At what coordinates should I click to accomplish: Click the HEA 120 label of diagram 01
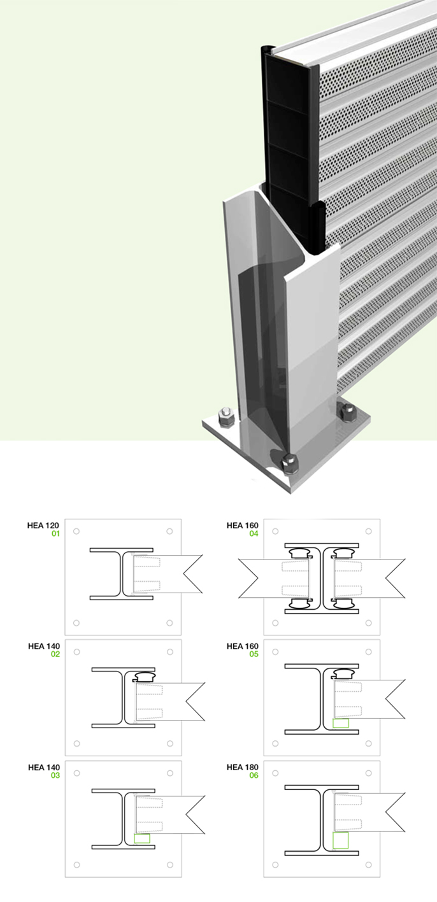coord(43,526)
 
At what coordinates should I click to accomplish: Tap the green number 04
coord(254,533)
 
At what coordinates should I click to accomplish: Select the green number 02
coord(55,654)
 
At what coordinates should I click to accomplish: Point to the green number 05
coord(254,654)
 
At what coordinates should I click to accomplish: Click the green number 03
coord(55,775)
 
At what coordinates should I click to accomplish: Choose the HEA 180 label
coord(242,767)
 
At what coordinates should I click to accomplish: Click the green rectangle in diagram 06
coord(341,840)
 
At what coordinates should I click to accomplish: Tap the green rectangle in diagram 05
coord(341,723)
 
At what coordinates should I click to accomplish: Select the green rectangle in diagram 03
coord(142,838)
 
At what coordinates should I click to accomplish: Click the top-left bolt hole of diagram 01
coord(76,531)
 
